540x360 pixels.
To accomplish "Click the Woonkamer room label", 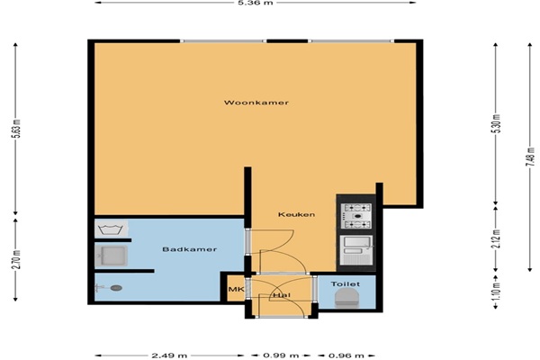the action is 256,103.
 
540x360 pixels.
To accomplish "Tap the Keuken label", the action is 296,214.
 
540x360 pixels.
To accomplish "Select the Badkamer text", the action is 189,249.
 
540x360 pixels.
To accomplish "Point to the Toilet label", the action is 346,284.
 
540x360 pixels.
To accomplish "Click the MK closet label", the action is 236,290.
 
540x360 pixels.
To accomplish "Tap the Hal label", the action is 282,295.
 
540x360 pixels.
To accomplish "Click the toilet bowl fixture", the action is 346,298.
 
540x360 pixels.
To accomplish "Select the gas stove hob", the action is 356,216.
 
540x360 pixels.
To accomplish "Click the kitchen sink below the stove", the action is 356,250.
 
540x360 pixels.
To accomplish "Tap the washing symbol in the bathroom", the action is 110,229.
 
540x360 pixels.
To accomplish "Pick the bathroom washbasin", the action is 112,256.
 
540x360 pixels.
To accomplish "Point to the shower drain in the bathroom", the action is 116,288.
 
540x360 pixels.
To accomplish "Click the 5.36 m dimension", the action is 256,3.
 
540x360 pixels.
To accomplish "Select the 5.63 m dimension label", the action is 17,129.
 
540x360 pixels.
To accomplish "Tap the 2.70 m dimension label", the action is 17,259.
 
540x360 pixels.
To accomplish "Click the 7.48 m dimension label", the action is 530,157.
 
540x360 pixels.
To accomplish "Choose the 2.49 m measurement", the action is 169,355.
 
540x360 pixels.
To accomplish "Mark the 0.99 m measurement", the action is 281,355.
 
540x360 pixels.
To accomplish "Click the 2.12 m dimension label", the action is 496,238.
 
